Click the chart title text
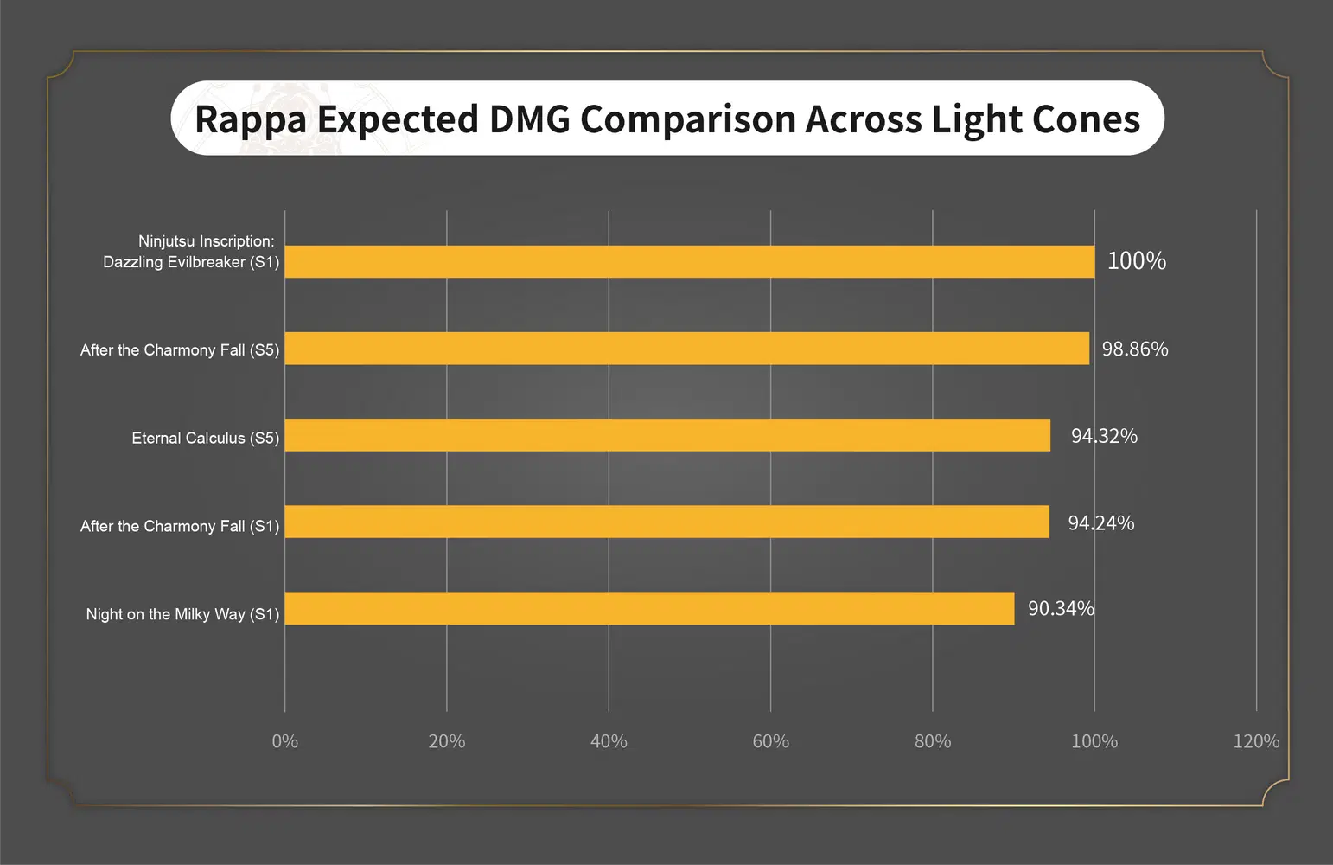pos(666,119)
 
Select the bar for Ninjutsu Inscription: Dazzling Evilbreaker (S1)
pos(689,261)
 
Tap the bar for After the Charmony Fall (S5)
pos(686,349)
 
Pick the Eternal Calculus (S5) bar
pos(667,435)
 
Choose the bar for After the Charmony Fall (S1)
pos(666,522)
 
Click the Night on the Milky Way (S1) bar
pos(649,608)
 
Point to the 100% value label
pos(1136,261)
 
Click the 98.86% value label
pos(1134,349)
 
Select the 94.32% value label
pos(1104,436)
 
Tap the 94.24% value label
pos(1100,523)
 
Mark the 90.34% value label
pos(1061,609)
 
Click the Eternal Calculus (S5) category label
pos(205,439)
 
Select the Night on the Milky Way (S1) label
pos(182,614)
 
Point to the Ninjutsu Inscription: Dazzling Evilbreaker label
pos(191,252)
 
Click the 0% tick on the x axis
pos(284,741)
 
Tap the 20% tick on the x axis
pos(447,741)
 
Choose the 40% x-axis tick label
pos(609,741)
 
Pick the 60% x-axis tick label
pos(770,741)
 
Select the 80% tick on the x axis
pos(933,741)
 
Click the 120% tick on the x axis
pos(1256,741)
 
